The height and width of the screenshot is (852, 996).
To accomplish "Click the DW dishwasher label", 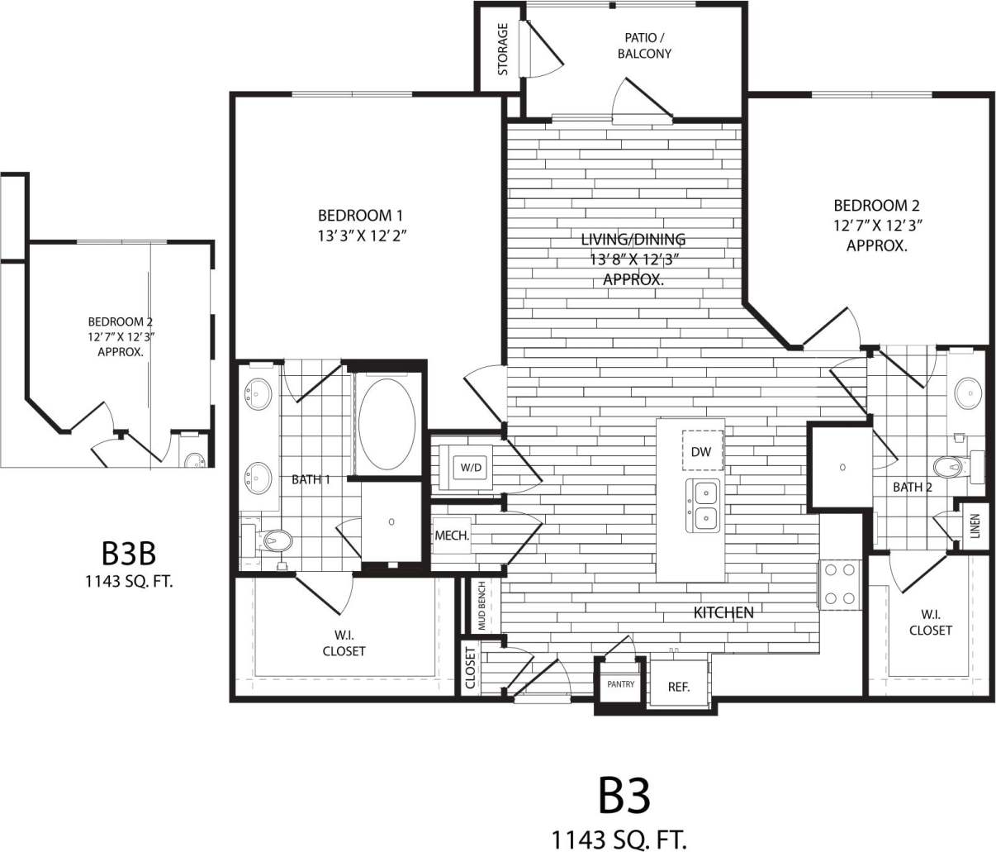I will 701,452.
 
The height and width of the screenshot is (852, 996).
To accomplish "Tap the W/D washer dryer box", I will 471,468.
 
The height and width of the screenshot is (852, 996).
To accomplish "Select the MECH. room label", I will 452,535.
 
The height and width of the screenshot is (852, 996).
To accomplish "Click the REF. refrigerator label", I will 678,687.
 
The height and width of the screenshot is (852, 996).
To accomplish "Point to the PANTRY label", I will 620,684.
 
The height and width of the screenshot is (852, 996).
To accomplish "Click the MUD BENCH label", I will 482,607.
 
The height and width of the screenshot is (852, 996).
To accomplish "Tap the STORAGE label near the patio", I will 503,50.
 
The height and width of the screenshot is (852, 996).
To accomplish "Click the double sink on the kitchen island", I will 703,505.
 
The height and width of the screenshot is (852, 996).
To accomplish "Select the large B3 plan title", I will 624,795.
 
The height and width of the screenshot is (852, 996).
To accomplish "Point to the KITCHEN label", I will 723,612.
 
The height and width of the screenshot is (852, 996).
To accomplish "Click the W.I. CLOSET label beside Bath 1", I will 344,643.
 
